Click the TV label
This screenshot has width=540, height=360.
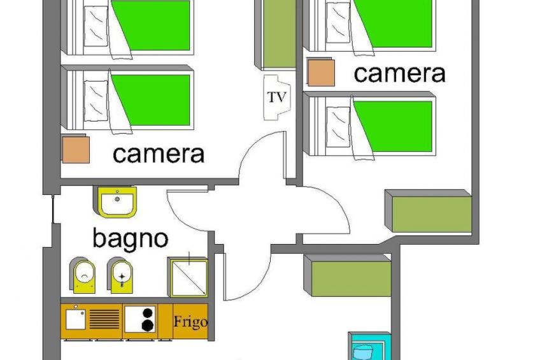(276, 97)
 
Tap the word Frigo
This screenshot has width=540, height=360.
(190, 322)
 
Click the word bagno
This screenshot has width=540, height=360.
(131, 238)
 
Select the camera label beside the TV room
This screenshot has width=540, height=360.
(159, 154)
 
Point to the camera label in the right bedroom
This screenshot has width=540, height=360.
(399, 73)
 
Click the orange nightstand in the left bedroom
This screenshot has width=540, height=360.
(76, 150)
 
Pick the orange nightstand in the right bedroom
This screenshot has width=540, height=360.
(321, 72)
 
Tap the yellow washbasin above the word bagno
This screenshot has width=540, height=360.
(118, 203)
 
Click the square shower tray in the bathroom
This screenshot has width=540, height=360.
(188, 277)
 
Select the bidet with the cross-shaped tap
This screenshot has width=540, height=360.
(122, 275)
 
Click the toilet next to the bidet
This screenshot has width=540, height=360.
(83, 275)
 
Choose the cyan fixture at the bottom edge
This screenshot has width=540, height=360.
(367, 347)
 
